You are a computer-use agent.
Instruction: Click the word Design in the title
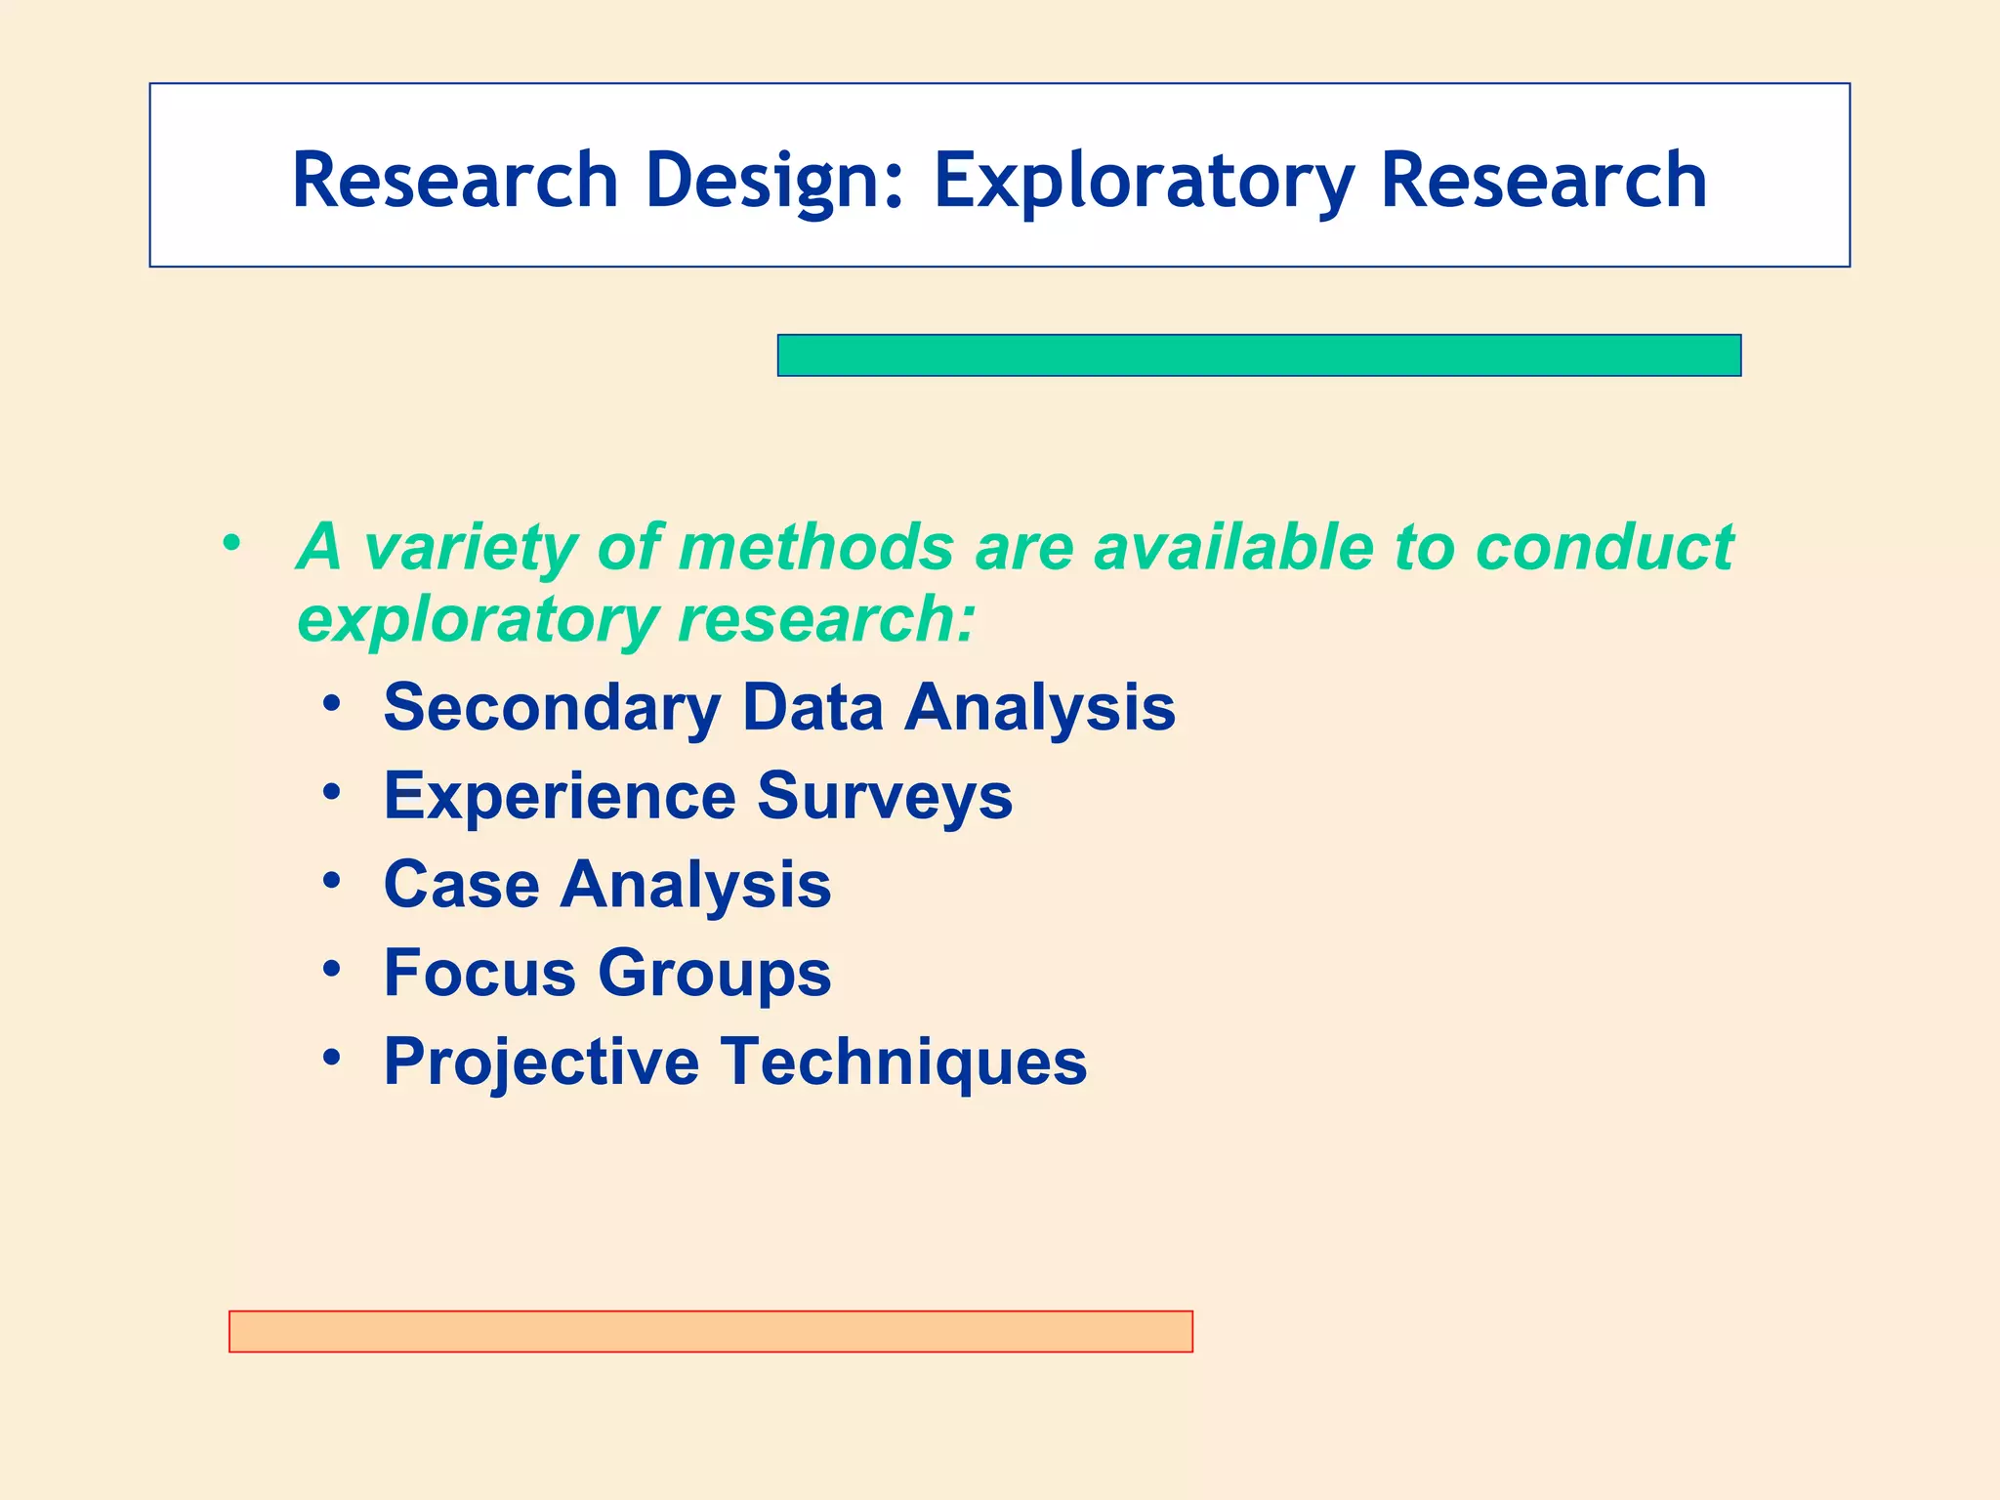[x=774, y=181]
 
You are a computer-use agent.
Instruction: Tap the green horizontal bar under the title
[x=1259, y=355]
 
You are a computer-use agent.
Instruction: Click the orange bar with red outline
[x=710, y=1331]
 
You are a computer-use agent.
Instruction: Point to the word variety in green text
[x=470, y=547]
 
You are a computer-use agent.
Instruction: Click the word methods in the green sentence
[x=815, y=547]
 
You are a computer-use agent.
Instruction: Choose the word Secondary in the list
[x=552, y=707]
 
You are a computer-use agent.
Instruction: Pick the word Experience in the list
[x=560, y=796]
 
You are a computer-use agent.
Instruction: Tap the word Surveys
[x=885, y=796]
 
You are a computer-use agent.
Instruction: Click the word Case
[x=461, y=885]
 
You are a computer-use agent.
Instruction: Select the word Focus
[x=479, y=974]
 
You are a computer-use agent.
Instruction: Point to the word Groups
[x=714, y=974]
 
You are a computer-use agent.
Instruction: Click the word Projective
[x=541, y=1062]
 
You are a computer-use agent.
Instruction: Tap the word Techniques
[x=904, y=1062]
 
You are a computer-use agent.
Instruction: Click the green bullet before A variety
[x=230, y=542]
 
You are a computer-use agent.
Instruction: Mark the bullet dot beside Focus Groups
[x=332, y=969]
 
